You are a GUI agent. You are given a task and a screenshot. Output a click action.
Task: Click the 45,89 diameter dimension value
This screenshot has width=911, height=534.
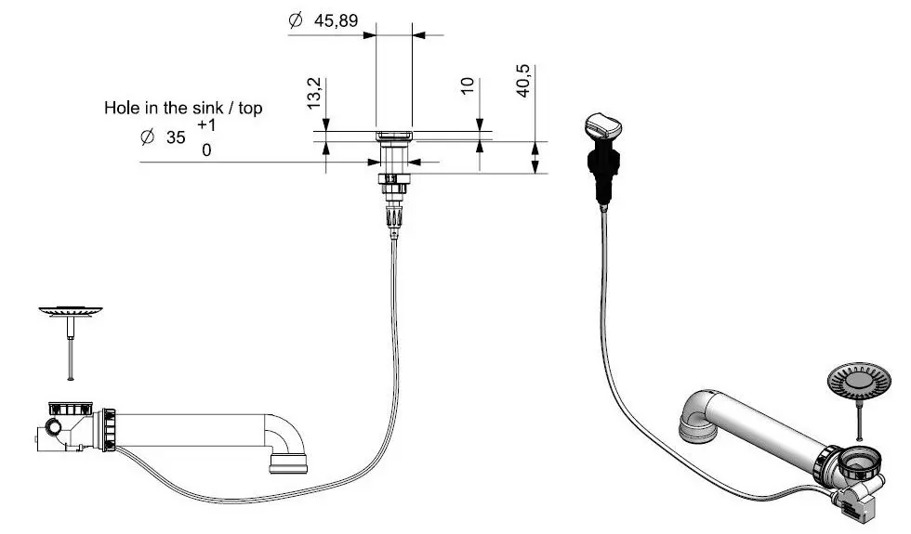[336, 20]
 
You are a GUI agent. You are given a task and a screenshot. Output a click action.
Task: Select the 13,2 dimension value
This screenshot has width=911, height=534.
[314, 94]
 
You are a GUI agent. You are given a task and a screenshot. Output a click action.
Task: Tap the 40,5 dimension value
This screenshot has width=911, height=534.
[522, 81]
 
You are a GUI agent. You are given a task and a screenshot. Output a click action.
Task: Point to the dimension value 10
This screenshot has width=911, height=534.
[467, 85]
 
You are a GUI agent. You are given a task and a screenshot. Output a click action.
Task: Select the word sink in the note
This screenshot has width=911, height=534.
[208, 108]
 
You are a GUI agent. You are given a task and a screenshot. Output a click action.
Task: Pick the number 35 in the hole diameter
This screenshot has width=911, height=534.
[176, 137]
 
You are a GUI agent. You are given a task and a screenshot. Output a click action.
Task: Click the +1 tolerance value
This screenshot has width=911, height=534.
[206, 124]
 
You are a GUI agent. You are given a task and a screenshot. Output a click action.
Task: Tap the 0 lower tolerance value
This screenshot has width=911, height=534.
[206, 150]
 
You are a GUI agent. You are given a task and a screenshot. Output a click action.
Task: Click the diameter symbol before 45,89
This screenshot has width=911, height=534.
[296, 20]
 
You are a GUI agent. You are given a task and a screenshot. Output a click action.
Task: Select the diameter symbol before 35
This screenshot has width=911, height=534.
[148, 137]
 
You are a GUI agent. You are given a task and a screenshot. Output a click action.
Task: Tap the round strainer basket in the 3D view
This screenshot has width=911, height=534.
[857, 382]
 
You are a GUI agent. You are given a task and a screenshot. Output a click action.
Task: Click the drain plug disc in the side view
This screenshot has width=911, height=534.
[71, 312]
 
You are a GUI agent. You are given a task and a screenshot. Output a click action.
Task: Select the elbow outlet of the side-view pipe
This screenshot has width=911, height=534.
[285, 444]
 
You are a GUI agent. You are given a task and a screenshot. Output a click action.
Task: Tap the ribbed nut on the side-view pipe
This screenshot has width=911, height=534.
[108, 430]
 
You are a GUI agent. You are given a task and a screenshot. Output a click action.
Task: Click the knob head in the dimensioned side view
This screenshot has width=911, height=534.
[394, 137]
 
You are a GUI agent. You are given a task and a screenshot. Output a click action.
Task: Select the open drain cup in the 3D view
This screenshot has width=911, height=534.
[859, 462]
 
